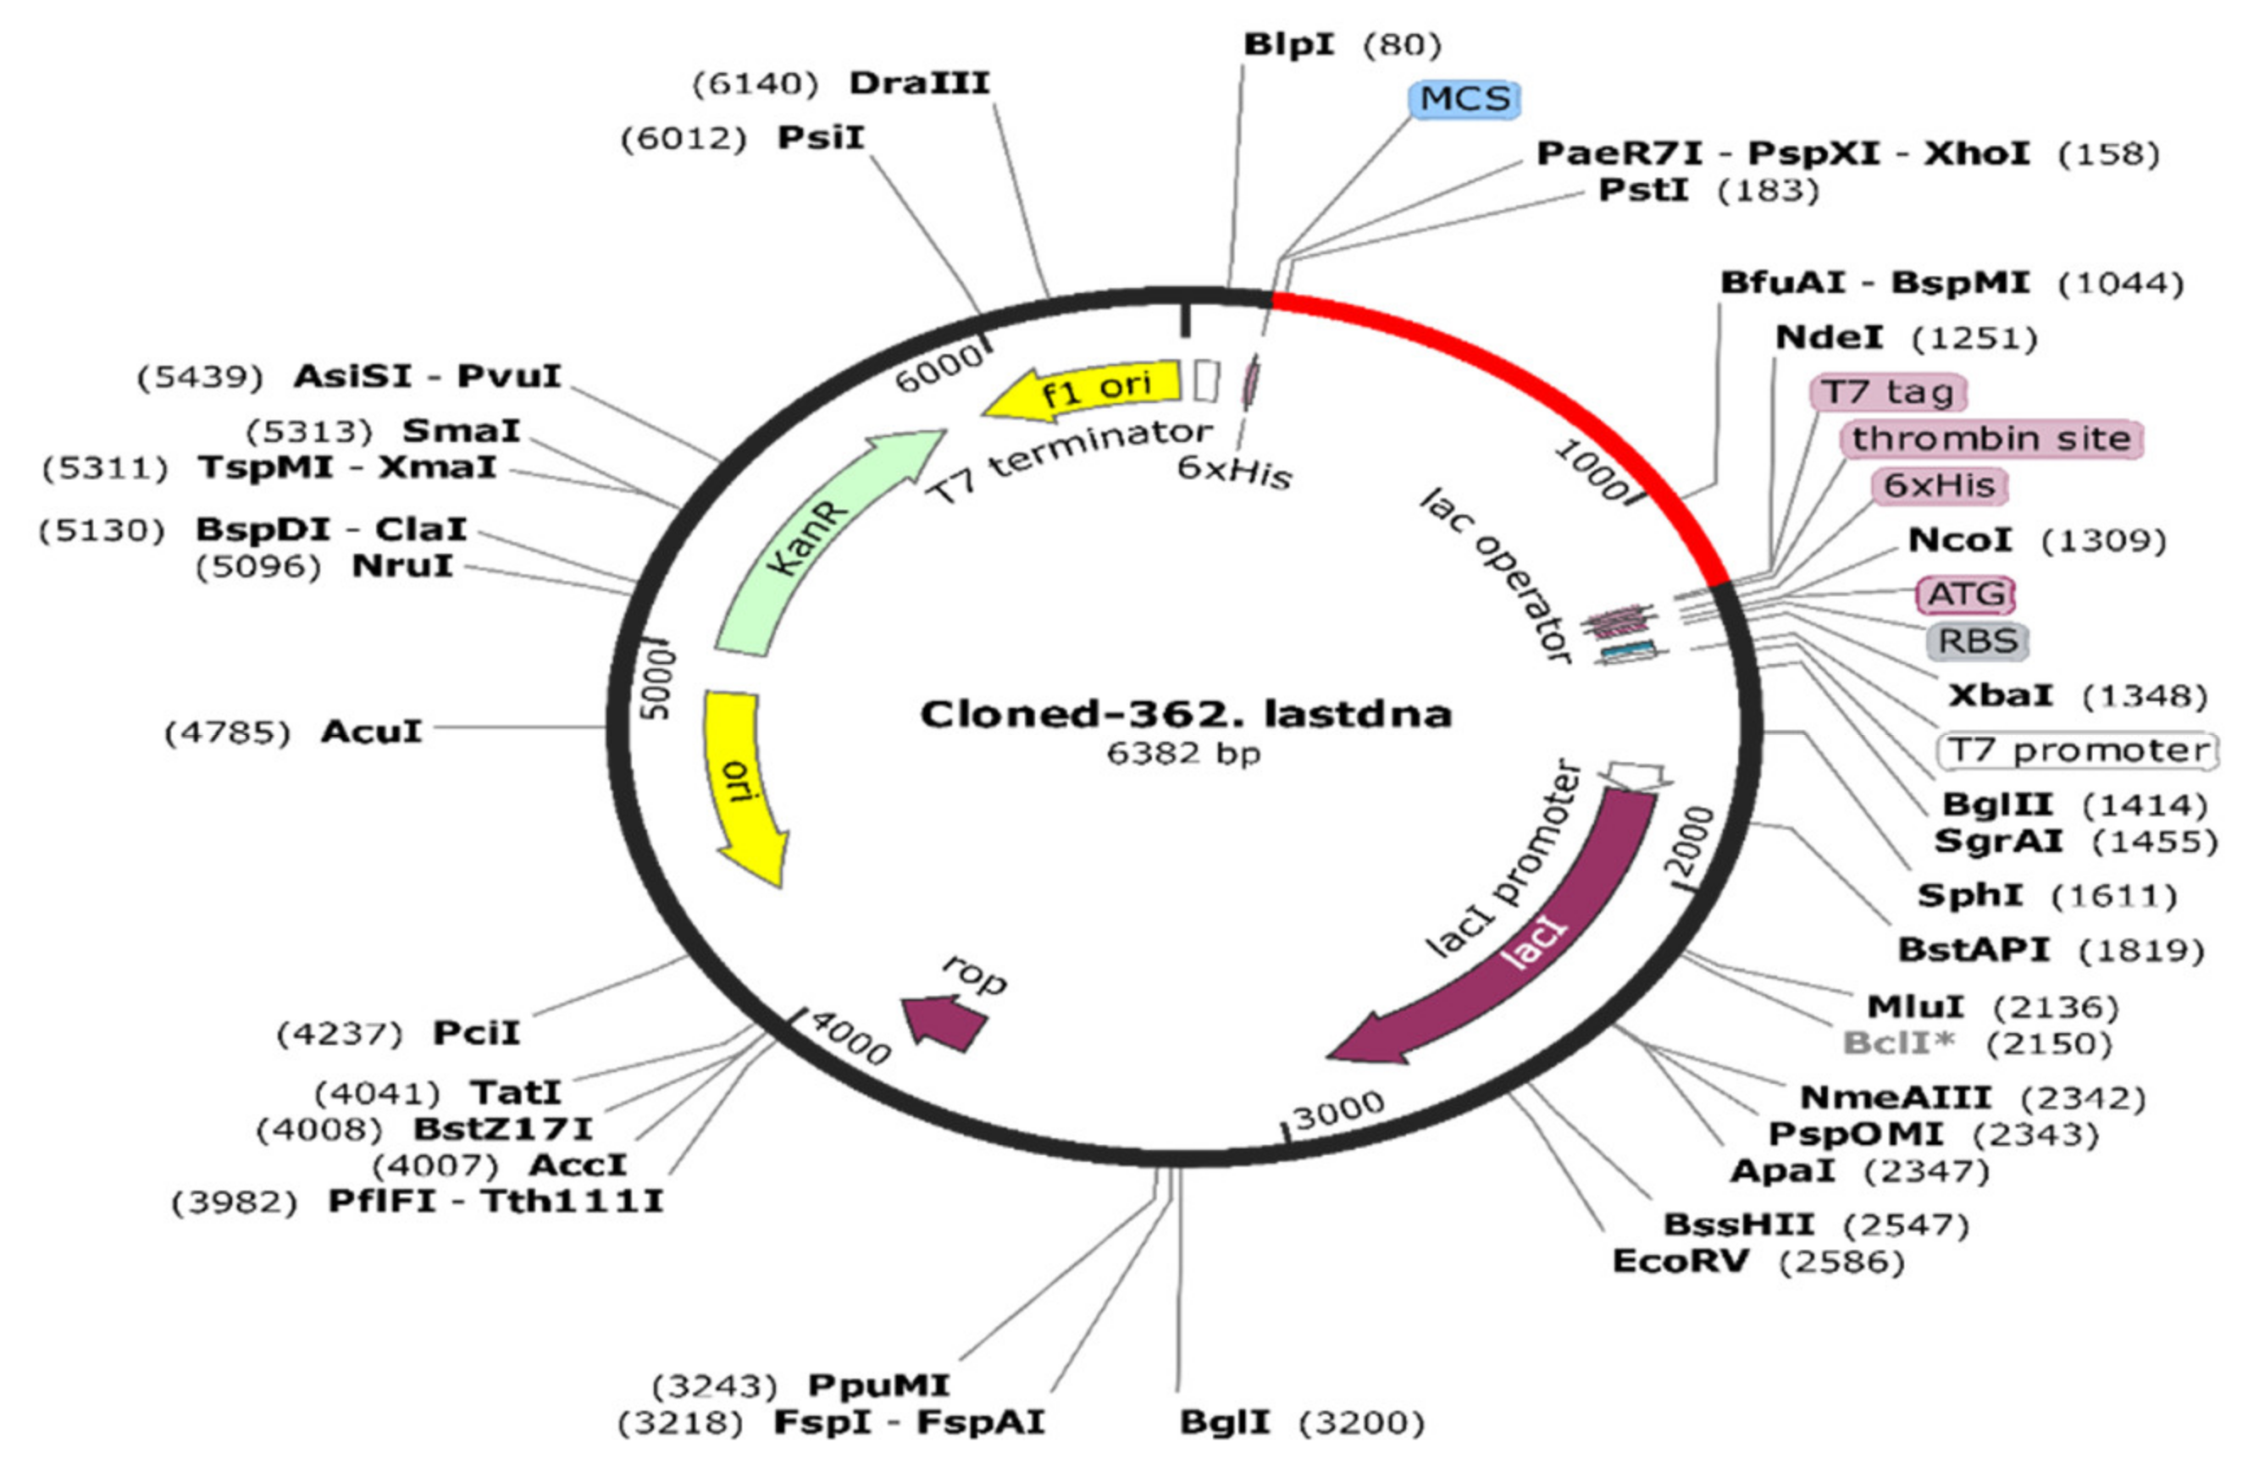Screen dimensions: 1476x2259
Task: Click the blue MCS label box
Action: pos(1464,99)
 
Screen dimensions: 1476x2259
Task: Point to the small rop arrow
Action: pos(944,1020)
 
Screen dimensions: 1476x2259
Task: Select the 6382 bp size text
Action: pos(1183,754)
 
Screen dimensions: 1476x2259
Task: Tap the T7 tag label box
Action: pos(1888,392)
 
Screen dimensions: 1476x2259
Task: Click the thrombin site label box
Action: pos(1991,439)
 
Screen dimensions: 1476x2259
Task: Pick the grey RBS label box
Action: pos(1977,641)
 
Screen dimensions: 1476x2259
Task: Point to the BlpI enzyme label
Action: pos(1289,45)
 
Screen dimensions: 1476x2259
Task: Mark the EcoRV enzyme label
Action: pos(1680,1262)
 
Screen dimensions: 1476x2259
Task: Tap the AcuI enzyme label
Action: pos(371,732)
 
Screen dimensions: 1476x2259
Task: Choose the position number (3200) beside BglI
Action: pos(1361,1423)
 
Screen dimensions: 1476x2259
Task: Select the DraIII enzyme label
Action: pos(919,84)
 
